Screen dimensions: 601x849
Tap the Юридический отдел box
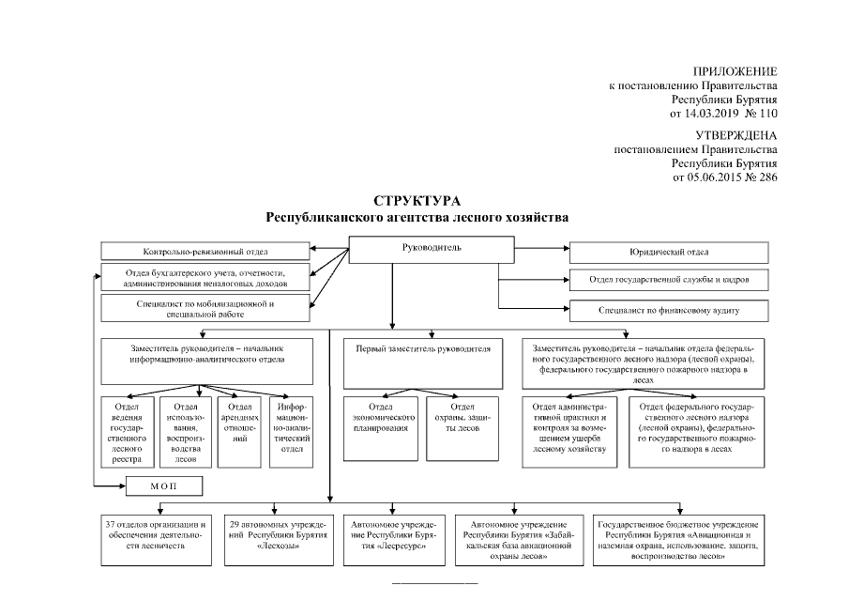[x=669, y=253]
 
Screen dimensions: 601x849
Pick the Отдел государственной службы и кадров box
[x=669, y=280]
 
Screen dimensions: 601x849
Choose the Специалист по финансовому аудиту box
[x=669, y=309]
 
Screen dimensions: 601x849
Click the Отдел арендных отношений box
[x=237, y=430]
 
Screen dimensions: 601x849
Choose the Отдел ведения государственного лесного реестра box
[x=127, y=430]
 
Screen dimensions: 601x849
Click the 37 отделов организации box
[x=156, y=539]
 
